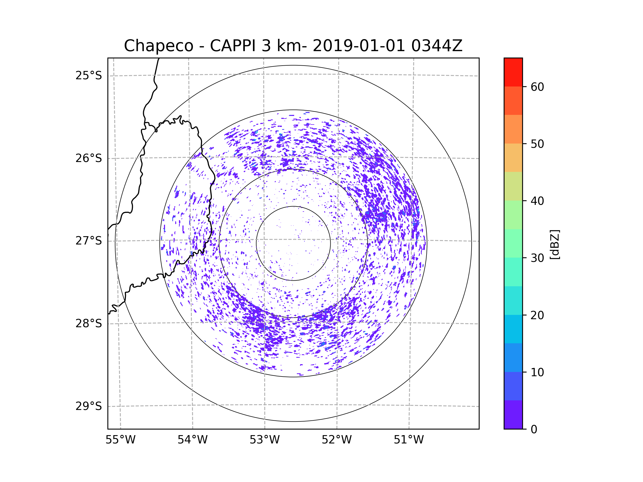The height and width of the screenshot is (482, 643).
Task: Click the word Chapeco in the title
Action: [158, 46]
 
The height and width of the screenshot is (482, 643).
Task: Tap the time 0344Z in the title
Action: [437, 46]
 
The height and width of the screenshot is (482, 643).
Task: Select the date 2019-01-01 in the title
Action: [358, 46]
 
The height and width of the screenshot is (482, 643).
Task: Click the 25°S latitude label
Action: [89, 76]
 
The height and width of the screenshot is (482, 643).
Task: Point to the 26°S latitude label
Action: [89, 158]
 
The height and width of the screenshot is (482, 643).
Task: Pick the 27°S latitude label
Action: [89, 241]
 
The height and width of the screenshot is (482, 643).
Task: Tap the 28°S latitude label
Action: [89, 323]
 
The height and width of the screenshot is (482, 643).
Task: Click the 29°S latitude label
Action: [89, 406]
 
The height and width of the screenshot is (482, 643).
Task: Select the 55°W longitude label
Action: [120, 440]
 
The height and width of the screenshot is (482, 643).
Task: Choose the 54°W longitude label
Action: [192, 440]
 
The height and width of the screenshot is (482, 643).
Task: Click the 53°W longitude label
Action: [264, 440]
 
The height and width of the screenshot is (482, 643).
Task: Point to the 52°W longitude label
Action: [337, 440]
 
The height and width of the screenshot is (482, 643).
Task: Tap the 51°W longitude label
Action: [409, 440]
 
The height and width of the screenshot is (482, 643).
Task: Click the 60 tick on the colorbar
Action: [537, 87]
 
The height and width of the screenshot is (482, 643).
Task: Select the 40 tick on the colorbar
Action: [537, 201]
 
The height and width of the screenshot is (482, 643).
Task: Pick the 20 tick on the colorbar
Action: [537, 315]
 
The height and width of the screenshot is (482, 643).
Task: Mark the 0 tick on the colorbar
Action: [534, 430]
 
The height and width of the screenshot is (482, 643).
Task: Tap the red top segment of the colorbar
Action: [513, 72]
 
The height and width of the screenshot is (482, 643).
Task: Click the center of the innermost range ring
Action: [293, 243]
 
